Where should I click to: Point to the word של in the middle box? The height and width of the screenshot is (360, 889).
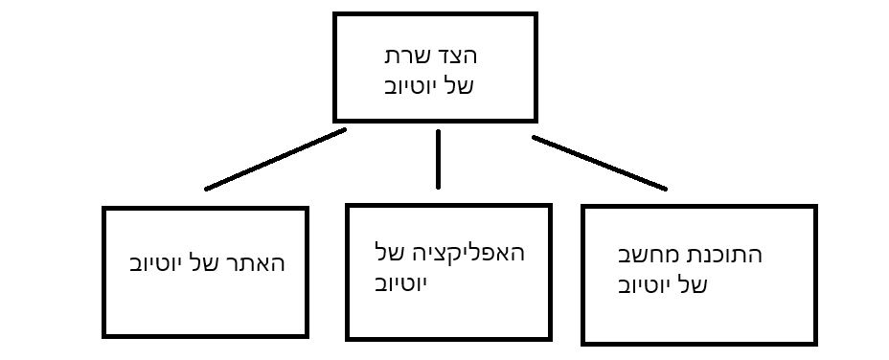[390, 254]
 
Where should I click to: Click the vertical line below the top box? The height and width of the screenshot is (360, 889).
[439, 158]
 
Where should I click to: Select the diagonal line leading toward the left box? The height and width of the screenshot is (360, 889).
[275, 159]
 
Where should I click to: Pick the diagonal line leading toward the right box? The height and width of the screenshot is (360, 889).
[599, 163]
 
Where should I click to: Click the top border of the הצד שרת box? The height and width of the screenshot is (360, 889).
[434, 14]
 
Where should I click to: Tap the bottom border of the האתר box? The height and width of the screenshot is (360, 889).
[205, 335]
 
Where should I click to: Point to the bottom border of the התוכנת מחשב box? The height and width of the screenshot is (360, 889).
[699, 342]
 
